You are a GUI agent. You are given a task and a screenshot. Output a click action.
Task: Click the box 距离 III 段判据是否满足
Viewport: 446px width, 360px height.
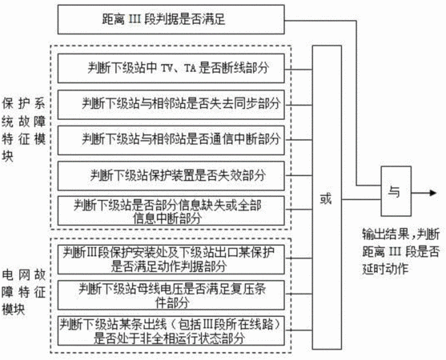171,19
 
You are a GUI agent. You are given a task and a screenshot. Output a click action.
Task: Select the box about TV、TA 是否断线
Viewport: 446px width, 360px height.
171,68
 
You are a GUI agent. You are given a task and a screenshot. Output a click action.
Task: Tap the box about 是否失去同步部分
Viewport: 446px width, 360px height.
171,105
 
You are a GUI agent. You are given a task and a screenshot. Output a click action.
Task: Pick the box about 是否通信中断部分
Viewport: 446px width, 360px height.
171,140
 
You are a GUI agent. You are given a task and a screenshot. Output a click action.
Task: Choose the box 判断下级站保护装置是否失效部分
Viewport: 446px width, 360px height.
171,176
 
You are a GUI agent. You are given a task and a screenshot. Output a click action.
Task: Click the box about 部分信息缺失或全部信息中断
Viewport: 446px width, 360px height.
171,211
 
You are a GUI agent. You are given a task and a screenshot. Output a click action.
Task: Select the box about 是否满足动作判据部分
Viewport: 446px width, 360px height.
171,260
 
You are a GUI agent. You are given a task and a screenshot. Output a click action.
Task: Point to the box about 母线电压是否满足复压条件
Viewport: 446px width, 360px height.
171,295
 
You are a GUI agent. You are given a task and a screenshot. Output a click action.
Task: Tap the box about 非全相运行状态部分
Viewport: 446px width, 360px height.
171,330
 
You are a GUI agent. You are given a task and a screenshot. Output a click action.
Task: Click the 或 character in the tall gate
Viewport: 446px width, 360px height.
326,198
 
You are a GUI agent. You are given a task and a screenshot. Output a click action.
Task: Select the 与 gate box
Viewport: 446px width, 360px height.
396,191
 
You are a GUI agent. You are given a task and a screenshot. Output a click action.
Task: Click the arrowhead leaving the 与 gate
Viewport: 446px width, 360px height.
433,193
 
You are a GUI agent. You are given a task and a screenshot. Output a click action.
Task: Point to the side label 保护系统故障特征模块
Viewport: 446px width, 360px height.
23,130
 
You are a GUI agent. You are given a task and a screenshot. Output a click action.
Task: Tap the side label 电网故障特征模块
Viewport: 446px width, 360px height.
23,292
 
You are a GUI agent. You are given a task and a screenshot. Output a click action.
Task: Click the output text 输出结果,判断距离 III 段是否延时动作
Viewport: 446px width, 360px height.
401,251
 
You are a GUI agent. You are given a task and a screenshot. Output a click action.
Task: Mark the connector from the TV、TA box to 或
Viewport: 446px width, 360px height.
299,69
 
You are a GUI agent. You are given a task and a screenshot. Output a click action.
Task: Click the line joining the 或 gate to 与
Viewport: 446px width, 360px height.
361,199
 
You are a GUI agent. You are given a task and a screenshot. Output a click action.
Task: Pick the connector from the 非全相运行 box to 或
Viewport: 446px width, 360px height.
299,330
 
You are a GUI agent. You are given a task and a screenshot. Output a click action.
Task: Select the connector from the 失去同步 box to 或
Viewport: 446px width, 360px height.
299,105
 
